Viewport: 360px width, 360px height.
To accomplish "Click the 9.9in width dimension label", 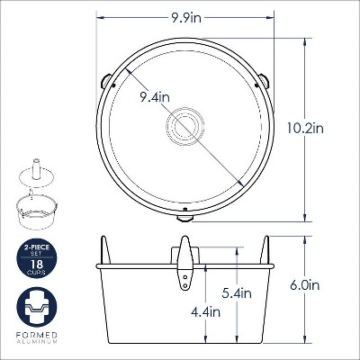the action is pos(186,18).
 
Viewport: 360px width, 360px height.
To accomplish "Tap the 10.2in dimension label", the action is pos(305,129).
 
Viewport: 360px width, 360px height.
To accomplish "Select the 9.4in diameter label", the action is pos(155,97).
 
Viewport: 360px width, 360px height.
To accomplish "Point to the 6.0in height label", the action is pos(304,285).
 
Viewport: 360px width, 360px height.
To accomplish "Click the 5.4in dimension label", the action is pos(237,292).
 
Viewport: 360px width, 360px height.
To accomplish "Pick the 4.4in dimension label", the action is pos(205,312).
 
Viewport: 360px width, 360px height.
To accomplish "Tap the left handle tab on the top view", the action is pos(105,81).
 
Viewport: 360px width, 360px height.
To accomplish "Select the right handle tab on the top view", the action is pos(264,81).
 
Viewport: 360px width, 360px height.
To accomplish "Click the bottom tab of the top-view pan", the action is pos(184,219).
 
